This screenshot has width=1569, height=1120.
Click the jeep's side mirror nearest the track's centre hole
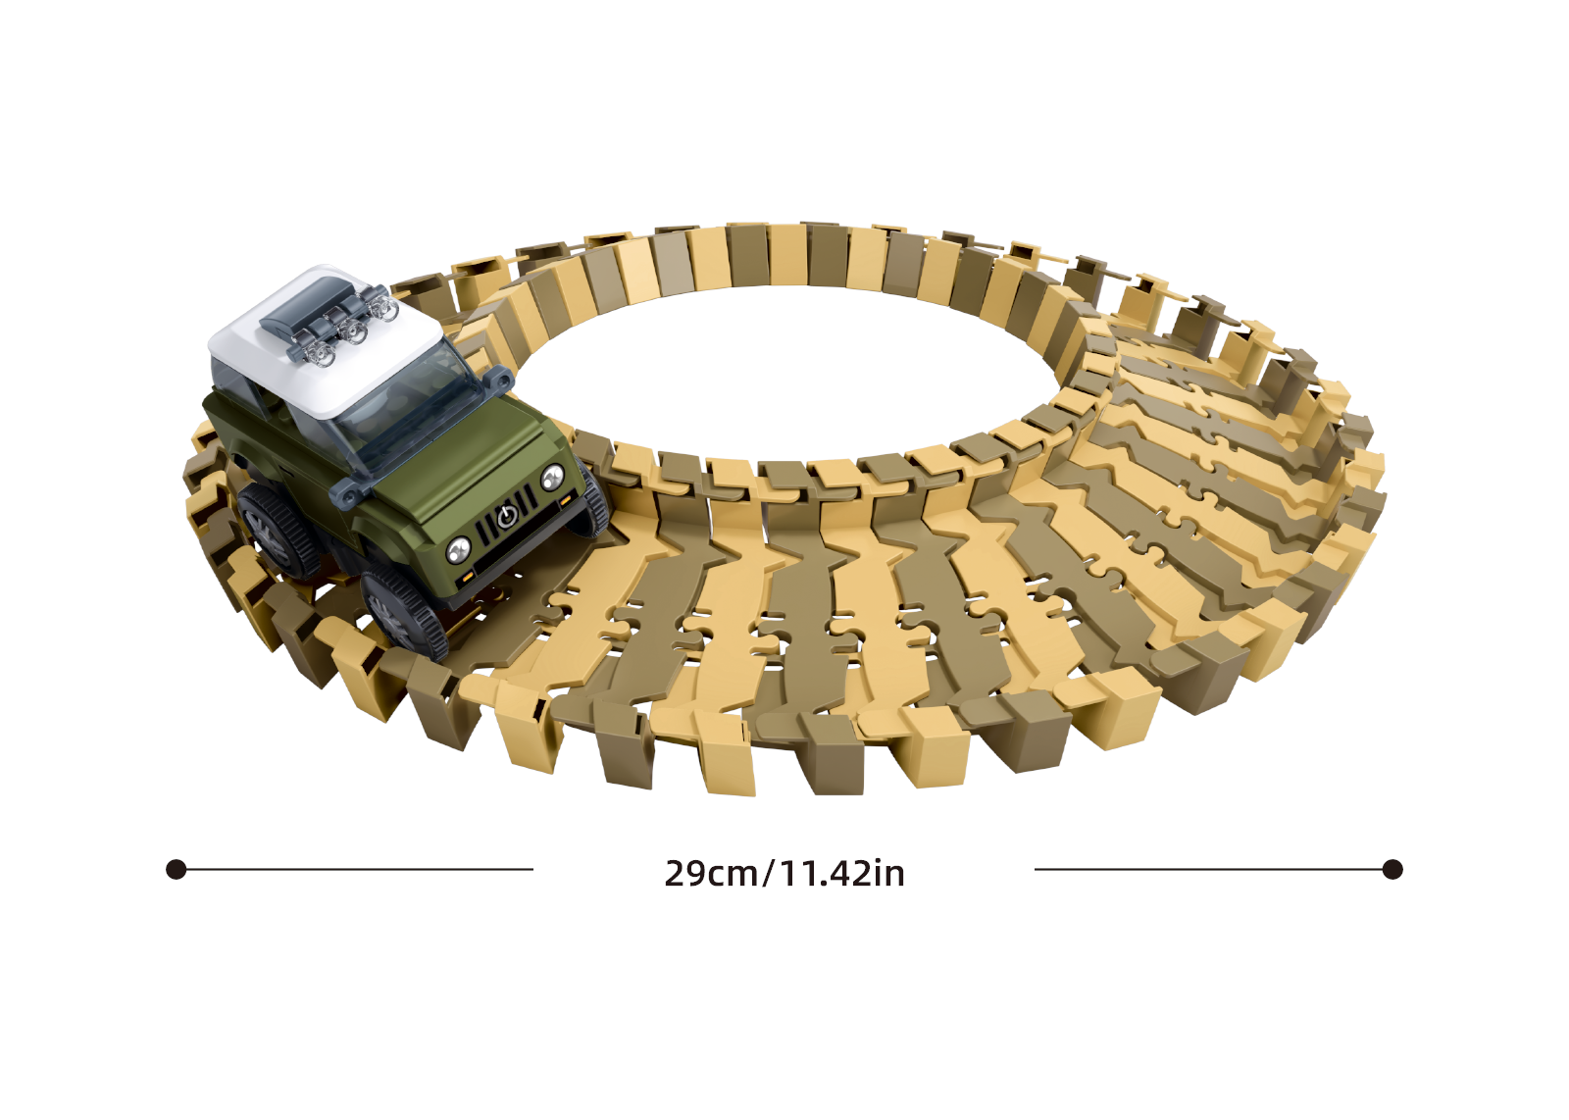tap(498, 379)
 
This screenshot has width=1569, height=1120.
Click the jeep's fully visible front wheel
tap(404, 613)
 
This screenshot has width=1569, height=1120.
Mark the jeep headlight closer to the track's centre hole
tap(552, 478)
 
